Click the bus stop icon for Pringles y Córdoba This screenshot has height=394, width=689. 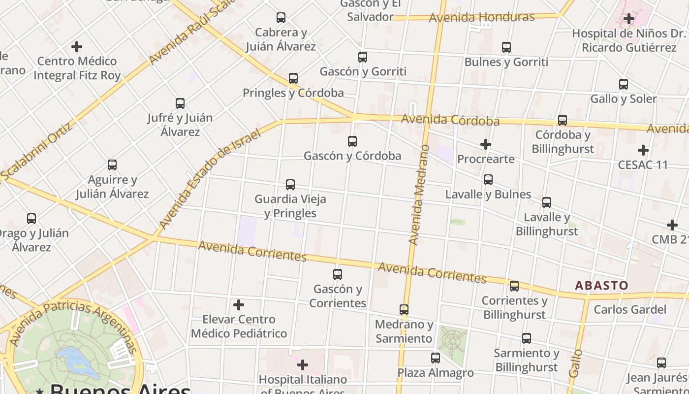293,78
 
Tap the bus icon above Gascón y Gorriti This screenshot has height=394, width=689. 363,57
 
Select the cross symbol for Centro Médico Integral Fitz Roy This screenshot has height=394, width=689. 77,47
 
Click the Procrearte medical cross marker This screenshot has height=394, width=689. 486,144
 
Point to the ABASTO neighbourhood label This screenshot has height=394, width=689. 601,286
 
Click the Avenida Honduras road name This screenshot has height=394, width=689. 482,18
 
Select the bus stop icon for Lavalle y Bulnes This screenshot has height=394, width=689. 488,180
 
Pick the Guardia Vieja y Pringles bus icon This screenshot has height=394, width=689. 290,185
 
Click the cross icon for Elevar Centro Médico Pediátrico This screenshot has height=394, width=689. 239,305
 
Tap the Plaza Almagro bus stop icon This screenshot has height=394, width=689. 436,358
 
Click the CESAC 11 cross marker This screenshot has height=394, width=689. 643,150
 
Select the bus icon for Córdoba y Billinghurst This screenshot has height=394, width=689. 563,120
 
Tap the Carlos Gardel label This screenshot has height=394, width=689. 630,310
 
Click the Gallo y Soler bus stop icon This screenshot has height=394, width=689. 624,84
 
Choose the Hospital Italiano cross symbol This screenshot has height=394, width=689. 303,365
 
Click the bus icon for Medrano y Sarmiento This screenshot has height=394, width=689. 404,310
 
